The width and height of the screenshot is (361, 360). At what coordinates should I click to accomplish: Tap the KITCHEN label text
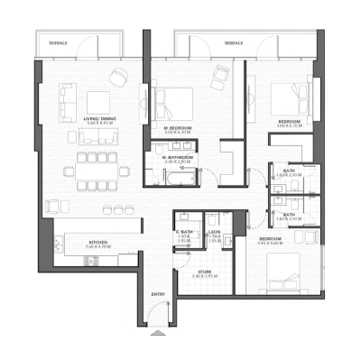click(x=98, y=241)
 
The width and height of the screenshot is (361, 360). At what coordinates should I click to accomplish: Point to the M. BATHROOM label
click(x=177, y=156)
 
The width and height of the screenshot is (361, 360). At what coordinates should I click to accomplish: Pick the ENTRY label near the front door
click(x=158, y=295)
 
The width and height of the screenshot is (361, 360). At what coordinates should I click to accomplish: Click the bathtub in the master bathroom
click(x=178, y=178)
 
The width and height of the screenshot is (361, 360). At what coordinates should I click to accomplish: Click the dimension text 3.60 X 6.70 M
click(x=290, y=125)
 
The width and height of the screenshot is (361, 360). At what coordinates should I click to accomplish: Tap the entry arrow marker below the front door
click(x=151, y=333)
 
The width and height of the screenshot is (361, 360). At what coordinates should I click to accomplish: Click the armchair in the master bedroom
click(x=220, y=75)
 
